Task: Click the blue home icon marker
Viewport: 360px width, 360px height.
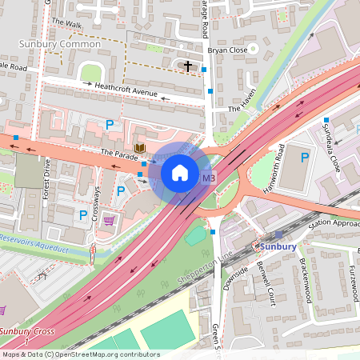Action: tap(179, 172)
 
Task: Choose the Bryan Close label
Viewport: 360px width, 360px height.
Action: tap(226, 50)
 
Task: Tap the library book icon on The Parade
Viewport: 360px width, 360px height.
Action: tap(140, 148)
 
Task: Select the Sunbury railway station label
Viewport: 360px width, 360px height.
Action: tap(278, 246)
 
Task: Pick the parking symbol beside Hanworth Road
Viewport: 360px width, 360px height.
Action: tap(304, 158)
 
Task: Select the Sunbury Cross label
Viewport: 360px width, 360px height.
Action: tap(26, 330)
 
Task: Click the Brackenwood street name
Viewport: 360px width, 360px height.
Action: tap(305, 280)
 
